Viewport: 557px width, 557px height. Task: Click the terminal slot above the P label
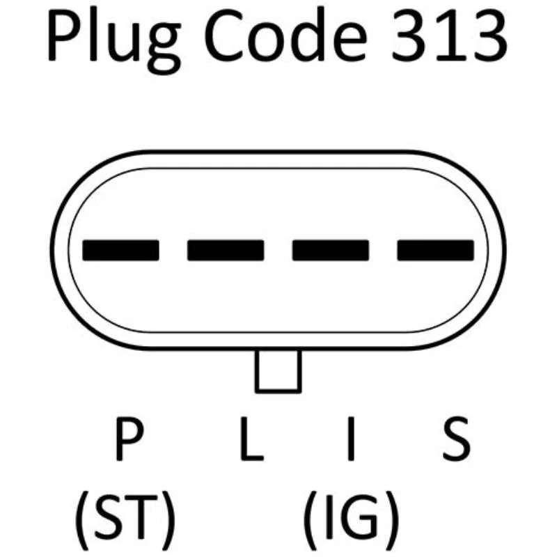[120, 250]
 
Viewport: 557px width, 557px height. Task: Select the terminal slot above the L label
[226, 250]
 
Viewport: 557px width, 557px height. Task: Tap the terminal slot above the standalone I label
[330, 250]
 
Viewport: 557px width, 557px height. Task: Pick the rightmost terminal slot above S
[435, 250]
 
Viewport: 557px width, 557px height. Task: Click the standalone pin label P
[129, 440]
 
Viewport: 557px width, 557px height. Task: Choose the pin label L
[251, 440]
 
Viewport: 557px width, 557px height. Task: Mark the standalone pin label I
[352, 440]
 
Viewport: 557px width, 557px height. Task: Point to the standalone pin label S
[456, 440]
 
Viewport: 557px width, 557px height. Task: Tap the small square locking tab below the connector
[278, 370]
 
